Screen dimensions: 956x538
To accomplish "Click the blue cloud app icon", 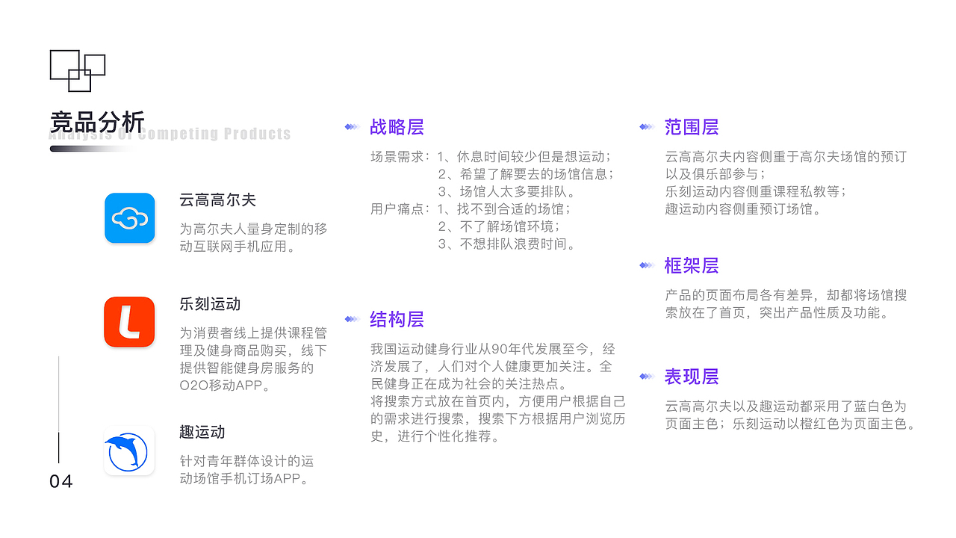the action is coord(130,218).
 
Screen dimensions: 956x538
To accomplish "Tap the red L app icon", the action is coord(129,322).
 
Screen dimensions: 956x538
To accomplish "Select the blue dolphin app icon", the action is coord(129,451).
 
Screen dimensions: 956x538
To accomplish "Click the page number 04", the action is coord(61,482).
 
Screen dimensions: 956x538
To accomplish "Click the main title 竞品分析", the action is coord(97,123).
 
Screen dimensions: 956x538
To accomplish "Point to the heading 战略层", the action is coord(397,127).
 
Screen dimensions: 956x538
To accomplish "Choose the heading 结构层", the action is coord(397,319).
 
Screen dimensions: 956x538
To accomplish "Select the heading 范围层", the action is coord(692,127).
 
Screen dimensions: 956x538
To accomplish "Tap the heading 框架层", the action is coord(692,265).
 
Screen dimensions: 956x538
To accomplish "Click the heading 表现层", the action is coord(692,377).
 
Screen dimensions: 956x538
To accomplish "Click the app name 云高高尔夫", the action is coord(217,200).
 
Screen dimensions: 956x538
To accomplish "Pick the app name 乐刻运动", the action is coord(210,304).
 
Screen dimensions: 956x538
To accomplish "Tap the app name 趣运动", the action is coord(202,432).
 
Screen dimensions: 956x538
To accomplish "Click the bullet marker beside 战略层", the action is coord(352,127).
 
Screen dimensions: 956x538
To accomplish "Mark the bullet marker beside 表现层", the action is coord(647,376).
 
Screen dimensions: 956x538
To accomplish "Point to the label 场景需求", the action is coord(397,157).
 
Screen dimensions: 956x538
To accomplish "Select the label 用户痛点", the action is coord(397,208).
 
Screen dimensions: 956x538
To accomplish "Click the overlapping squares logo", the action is coord(78,71).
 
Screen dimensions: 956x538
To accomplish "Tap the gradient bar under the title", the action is coord(92,149).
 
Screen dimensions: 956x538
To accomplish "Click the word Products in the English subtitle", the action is coord(258,134).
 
